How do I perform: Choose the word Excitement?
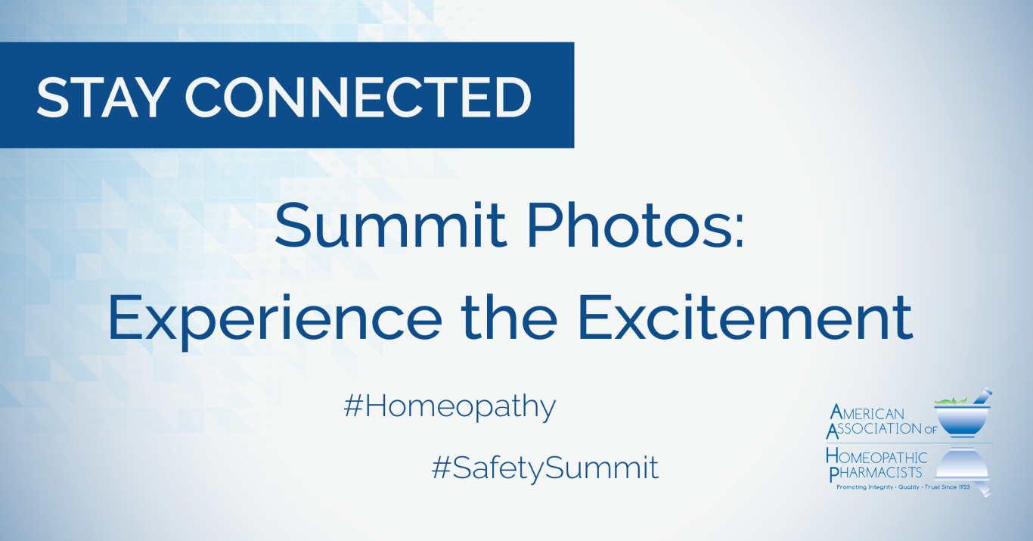tap(744, 319)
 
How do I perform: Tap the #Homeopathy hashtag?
tap(450, 408)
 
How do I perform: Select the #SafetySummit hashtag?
tap(545, 468)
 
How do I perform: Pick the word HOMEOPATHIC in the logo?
tap(877, 457)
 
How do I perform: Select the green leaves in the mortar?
tap(951, 400)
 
